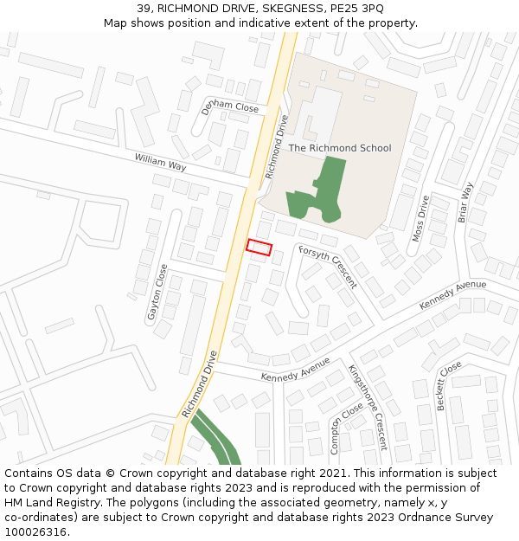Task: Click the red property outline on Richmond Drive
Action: click(x=259, y=247)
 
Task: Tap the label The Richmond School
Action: click(x=339, y=148)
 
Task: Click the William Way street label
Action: click(x=160, y=162)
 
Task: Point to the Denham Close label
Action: click(x=230, y=106)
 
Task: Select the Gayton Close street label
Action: click(x=157, y=293)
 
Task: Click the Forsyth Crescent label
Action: click(x=328, y=266)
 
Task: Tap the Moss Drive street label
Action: click(x=420, y=217)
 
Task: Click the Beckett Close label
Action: click(x=449, y=385)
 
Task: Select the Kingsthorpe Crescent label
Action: click(x=368, y=407)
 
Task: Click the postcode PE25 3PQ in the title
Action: click(x=359, y=8)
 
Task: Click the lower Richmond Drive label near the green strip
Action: click(x=199, y=383)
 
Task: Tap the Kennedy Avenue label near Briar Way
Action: click(x=452, y=295)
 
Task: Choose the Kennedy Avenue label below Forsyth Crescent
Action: click(x=296, y=370)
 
